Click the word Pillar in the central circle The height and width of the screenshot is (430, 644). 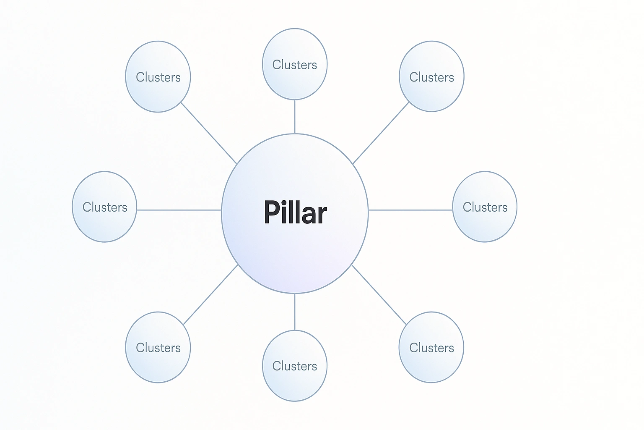[x=295, y=212]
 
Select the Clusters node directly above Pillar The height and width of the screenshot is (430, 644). [x=295, y=64]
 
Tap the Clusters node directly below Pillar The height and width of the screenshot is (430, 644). [x=295, y=366]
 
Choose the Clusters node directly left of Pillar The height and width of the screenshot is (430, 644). [x=104, y=207]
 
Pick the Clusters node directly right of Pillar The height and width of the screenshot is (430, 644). [x=485, y=207]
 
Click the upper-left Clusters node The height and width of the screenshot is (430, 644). [x=158, y=77]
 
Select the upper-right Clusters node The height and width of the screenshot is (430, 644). [x=431, y=76]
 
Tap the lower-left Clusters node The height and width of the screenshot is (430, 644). [x=158, y=347]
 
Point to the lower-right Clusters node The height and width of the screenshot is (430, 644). [x=431, y=347]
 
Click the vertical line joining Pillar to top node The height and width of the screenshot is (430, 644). [x=295, y=117]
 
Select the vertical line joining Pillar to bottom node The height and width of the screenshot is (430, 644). [x=295, y=312]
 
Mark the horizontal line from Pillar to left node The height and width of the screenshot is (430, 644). [x=179, y=210]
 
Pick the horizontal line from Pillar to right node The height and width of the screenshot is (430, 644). [x=410, y=210]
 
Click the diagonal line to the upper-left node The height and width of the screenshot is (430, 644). [x=209, y=133]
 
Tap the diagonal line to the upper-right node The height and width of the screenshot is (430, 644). [x=381, y=133]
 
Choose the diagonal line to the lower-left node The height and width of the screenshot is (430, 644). [x=210, y=295]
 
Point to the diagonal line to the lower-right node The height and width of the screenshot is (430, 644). [x=379, y=295]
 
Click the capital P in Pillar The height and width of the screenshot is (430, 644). [x=272, y=212]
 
